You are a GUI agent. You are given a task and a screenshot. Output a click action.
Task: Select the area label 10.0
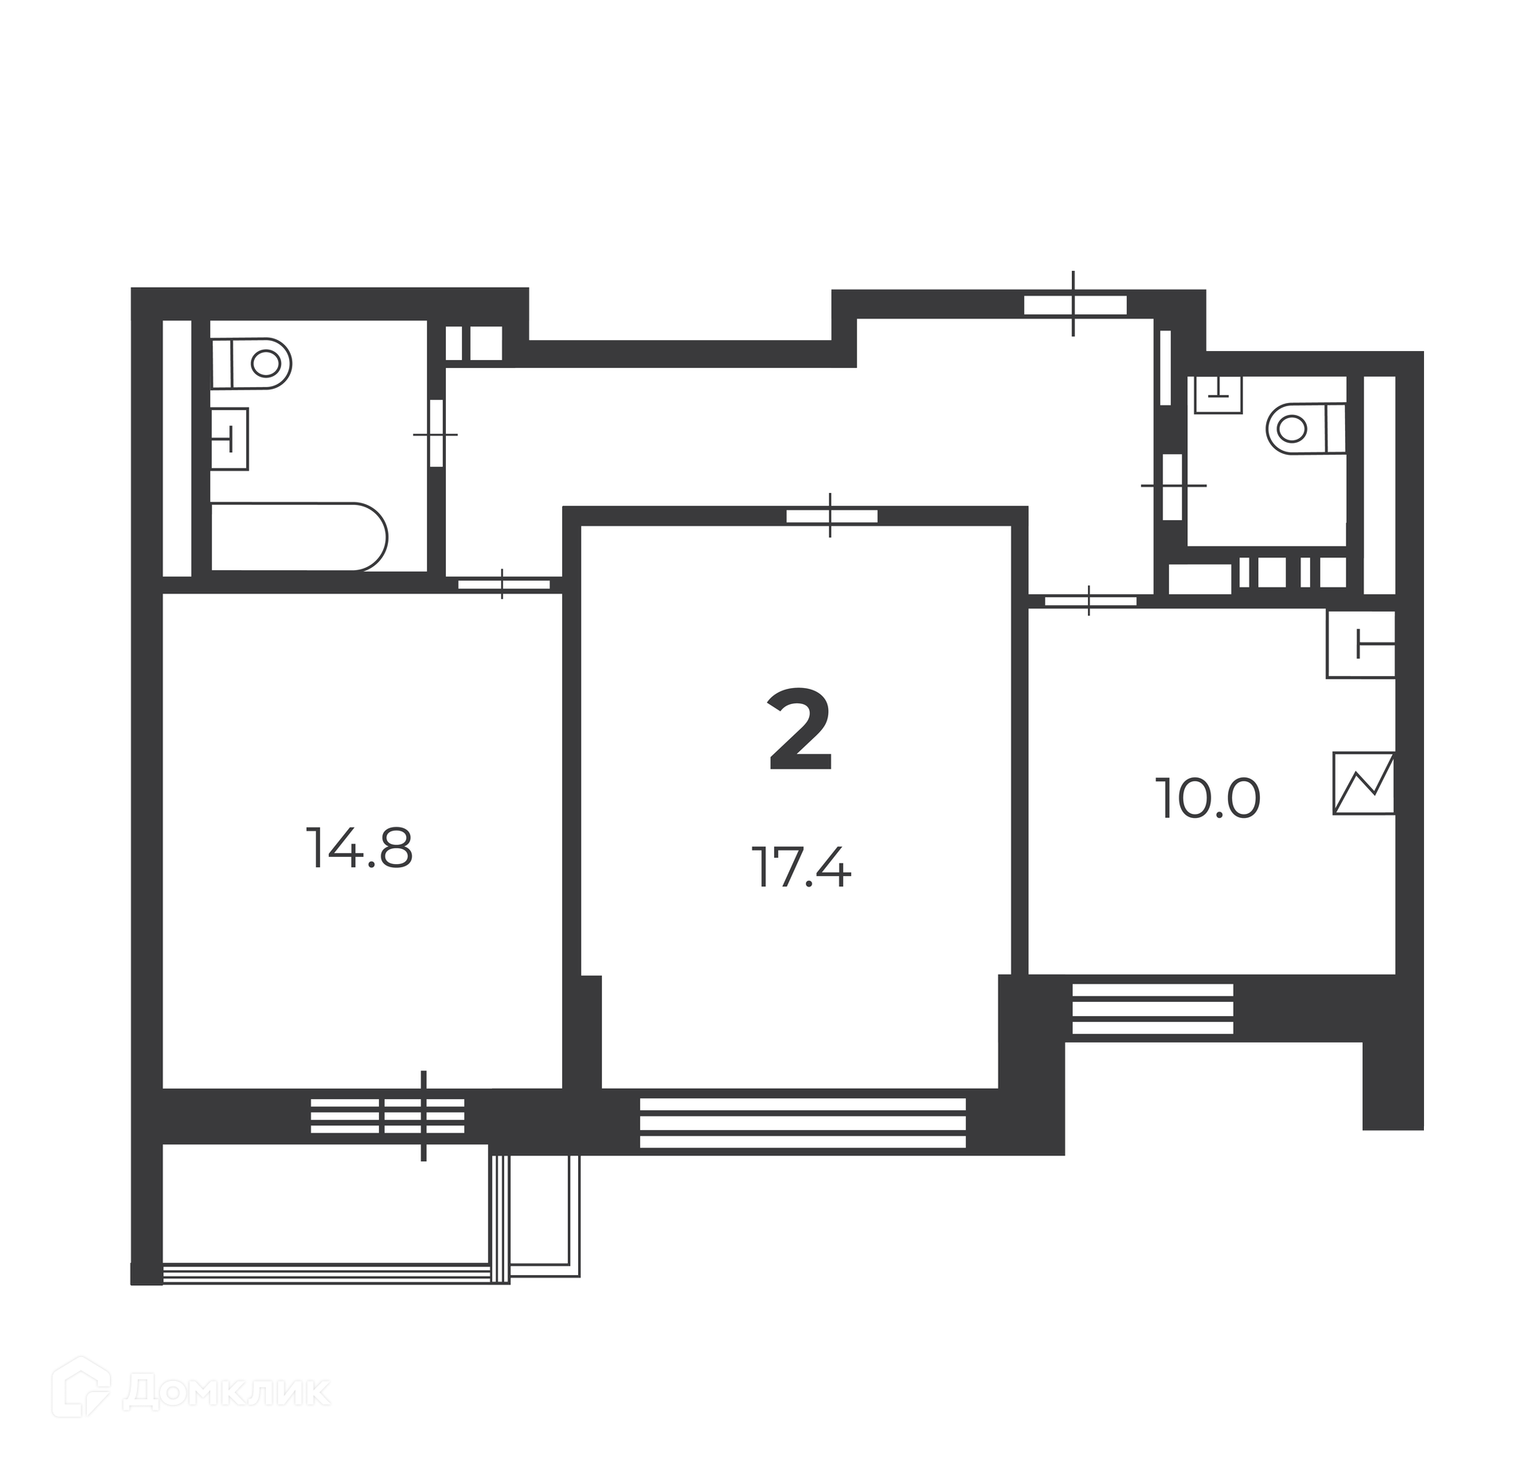(x=1208, y=799)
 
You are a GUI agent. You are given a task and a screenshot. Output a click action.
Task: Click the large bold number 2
(x=800, y=731)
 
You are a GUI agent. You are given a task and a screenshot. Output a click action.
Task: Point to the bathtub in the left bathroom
(x=299, y=536)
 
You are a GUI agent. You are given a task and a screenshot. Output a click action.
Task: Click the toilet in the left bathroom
(x=251, y=364)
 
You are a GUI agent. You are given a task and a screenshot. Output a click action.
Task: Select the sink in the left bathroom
(x=229, y=439)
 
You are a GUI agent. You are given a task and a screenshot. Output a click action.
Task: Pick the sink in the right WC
(x=1218, y=394)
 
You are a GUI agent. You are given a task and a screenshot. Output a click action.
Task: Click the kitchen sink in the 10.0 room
(x=1361, y=643)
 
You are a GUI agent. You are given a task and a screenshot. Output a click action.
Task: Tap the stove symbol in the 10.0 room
(x=1364, y=784)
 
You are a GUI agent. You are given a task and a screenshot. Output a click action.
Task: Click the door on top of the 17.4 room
(x=831, y=515)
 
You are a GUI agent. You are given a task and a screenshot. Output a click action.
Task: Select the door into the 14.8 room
(x=503, y=584)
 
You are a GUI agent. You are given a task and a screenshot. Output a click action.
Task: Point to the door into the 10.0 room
(x=1090, y=600)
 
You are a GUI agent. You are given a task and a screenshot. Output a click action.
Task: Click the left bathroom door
(x=436, y=433)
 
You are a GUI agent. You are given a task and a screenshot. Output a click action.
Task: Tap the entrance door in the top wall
(x=1074, y=304)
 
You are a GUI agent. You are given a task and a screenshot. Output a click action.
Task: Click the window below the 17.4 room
(x=803, y=1123)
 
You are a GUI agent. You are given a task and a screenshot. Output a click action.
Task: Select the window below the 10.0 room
(x=1152, y=1008)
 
